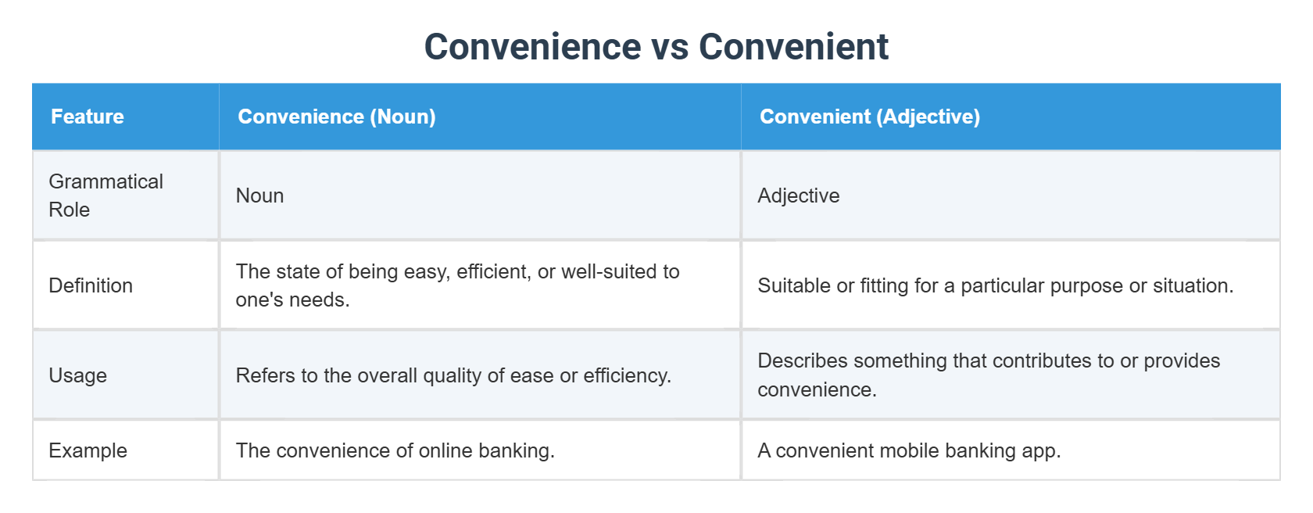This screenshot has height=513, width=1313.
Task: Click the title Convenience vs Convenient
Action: [656, 47]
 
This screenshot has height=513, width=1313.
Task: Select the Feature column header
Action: [88, 117]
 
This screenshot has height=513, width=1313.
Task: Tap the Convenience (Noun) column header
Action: [337, 117]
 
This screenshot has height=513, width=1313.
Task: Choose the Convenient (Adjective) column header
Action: [870, 117]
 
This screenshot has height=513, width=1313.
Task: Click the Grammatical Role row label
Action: [106, 196]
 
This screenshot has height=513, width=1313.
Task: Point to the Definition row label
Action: [91, 285]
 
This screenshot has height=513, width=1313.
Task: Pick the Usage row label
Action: [78, 375]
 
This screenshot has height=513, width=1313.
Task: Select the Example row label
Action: [88, 450]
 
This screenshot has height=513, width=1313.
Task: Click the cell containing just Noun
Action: [260, 196]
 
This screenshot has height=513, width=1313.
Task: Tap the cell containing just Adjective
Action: [799, 196]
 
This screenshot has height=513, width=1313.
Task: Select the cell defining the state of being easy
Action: [457, 285]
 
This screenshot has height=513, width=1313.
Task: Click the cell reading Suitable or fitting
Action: [995, 285]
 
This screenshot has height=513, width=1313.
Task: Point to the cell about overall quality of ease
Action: [453, 375]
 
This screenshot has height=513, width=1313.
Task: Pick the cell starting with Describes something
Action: [989, 375]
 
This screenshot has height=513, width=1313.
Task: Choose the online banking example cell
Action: [395, 450]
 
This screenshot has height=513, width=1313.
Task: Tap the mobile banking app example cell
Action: [909, 450]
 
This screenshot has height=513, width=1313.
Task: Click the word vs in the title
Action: [670, 47]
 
